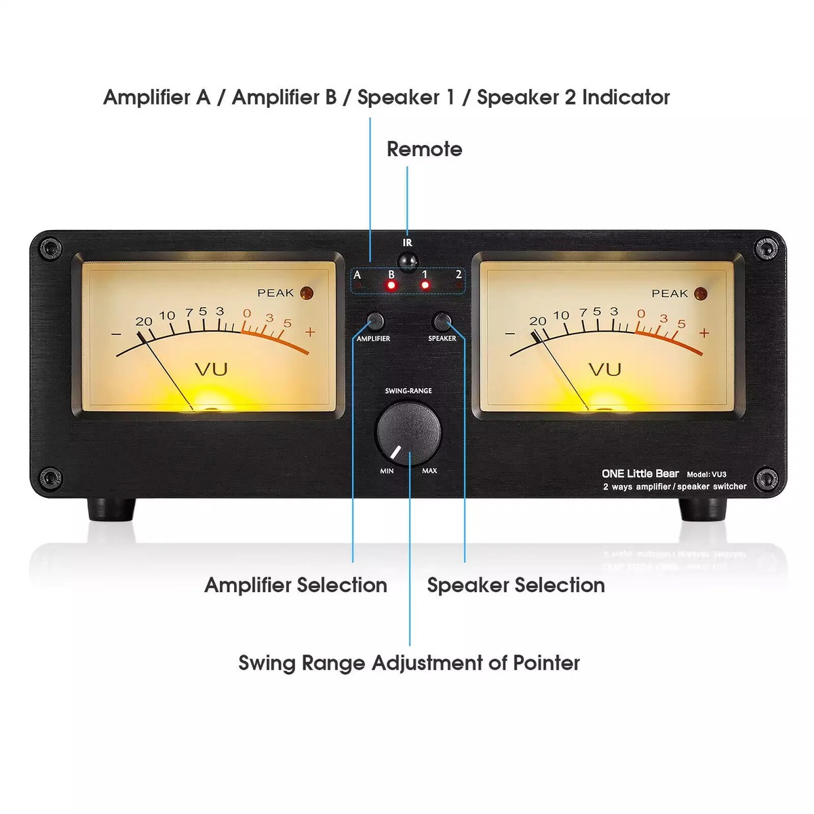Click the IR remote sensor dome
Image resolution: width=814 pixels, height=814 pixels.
coord(408,261)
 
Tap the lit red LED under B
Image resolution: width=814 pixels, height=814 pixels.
coord(391,285)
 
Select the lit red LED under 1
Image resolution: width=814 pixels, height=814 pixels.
coord(425,285)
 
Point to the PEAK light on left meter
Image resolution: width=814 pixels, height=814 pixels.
coord(306,293)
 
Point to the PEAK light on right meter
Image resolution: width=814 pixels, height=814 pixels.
coord(700,294)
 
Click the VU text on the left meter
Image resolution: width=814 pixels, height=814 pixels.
coord(211,369)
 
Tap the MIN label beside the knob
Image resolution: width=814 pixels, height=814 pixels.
coord(387,471)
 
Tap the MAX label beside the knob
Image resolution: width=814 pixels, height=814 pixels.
coord(429,471)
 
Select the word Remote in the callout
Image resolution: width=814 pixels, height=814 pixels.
coord(425,149)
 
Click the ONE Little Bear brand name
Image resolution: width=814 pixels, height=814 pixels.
coord(640,473)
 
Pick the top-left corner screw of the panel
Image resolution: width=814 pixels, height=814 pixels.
coord(50,248)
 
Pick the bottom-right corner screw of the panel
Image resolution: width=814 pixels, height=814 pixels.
coord(765,479)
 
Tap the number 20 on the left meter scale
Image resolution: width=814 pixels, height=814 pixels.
coord(144,322)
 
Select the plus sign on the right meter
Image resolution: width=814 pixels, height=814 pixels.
coord(703,333)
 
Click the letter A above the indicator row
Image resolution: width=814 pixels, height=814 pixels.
coord(357,275)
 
